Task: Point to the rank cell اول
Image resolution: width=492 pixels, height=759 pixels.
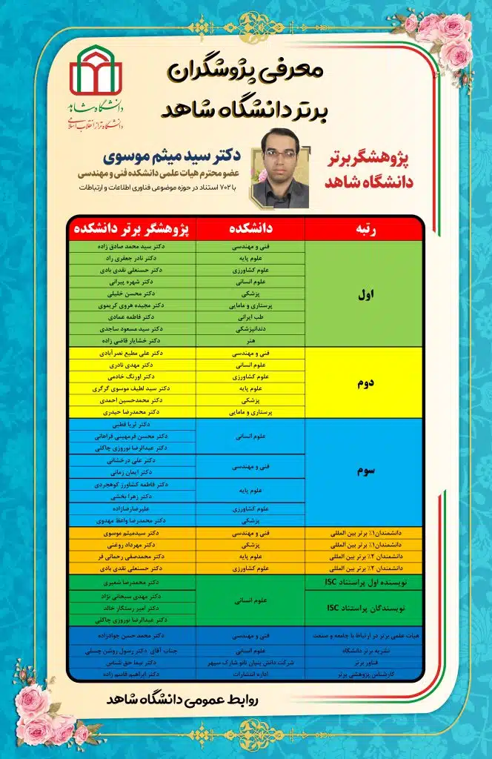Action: coord(365,294)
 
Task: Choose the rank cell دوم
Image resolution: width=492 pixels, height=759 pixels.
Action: coord(365,382)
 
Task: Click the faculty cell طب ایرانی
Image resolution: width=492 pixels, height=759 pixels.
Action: coord(250,316)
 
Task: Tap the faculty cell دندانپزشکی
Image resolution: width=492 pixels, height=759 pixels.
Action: coord(250,328)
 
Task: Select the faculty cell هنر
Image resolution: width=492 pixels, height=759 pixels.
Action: coord(250,340)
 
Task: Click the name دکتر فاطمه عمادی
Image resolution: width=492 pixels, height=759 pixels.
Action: coord(133,316)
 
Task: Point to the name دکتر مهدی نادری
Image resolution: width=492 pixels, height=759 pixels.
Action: coord(133,365)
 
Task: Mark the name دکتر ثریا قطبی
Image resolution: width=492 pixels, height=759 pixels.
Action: coord(133,425)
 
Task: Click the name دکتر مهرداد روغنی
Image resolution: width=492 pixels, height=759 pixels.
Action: coord(133,545)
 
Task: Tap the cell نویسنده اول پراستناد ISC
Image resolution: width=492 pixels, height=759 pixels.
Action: coord(365,584)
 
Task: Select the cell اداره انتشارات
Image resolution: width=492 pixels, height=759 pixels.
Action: coord(250,675)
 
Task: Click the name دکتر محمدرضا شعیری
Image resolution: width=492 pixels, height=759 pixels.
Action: coord(133,583)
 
